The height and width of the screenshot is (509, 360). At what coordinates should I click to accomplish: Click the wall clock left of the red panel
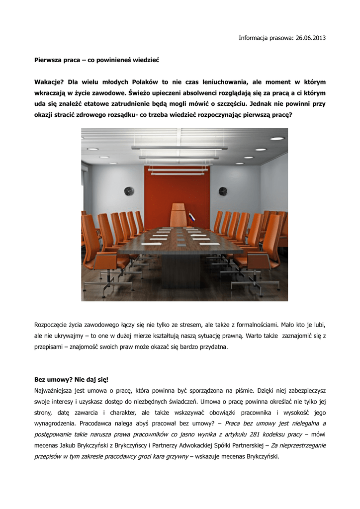tap(129, 191)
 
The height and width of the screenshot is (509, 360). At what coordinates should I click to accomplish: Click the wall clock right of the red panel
tap(223, 191)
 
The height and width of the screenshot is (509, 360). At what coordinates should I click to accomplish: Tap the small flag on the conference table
tap(191, 217)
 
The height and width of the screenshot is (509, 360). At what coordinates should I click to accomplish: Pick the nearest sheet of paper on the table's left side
tap(151, 244)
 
